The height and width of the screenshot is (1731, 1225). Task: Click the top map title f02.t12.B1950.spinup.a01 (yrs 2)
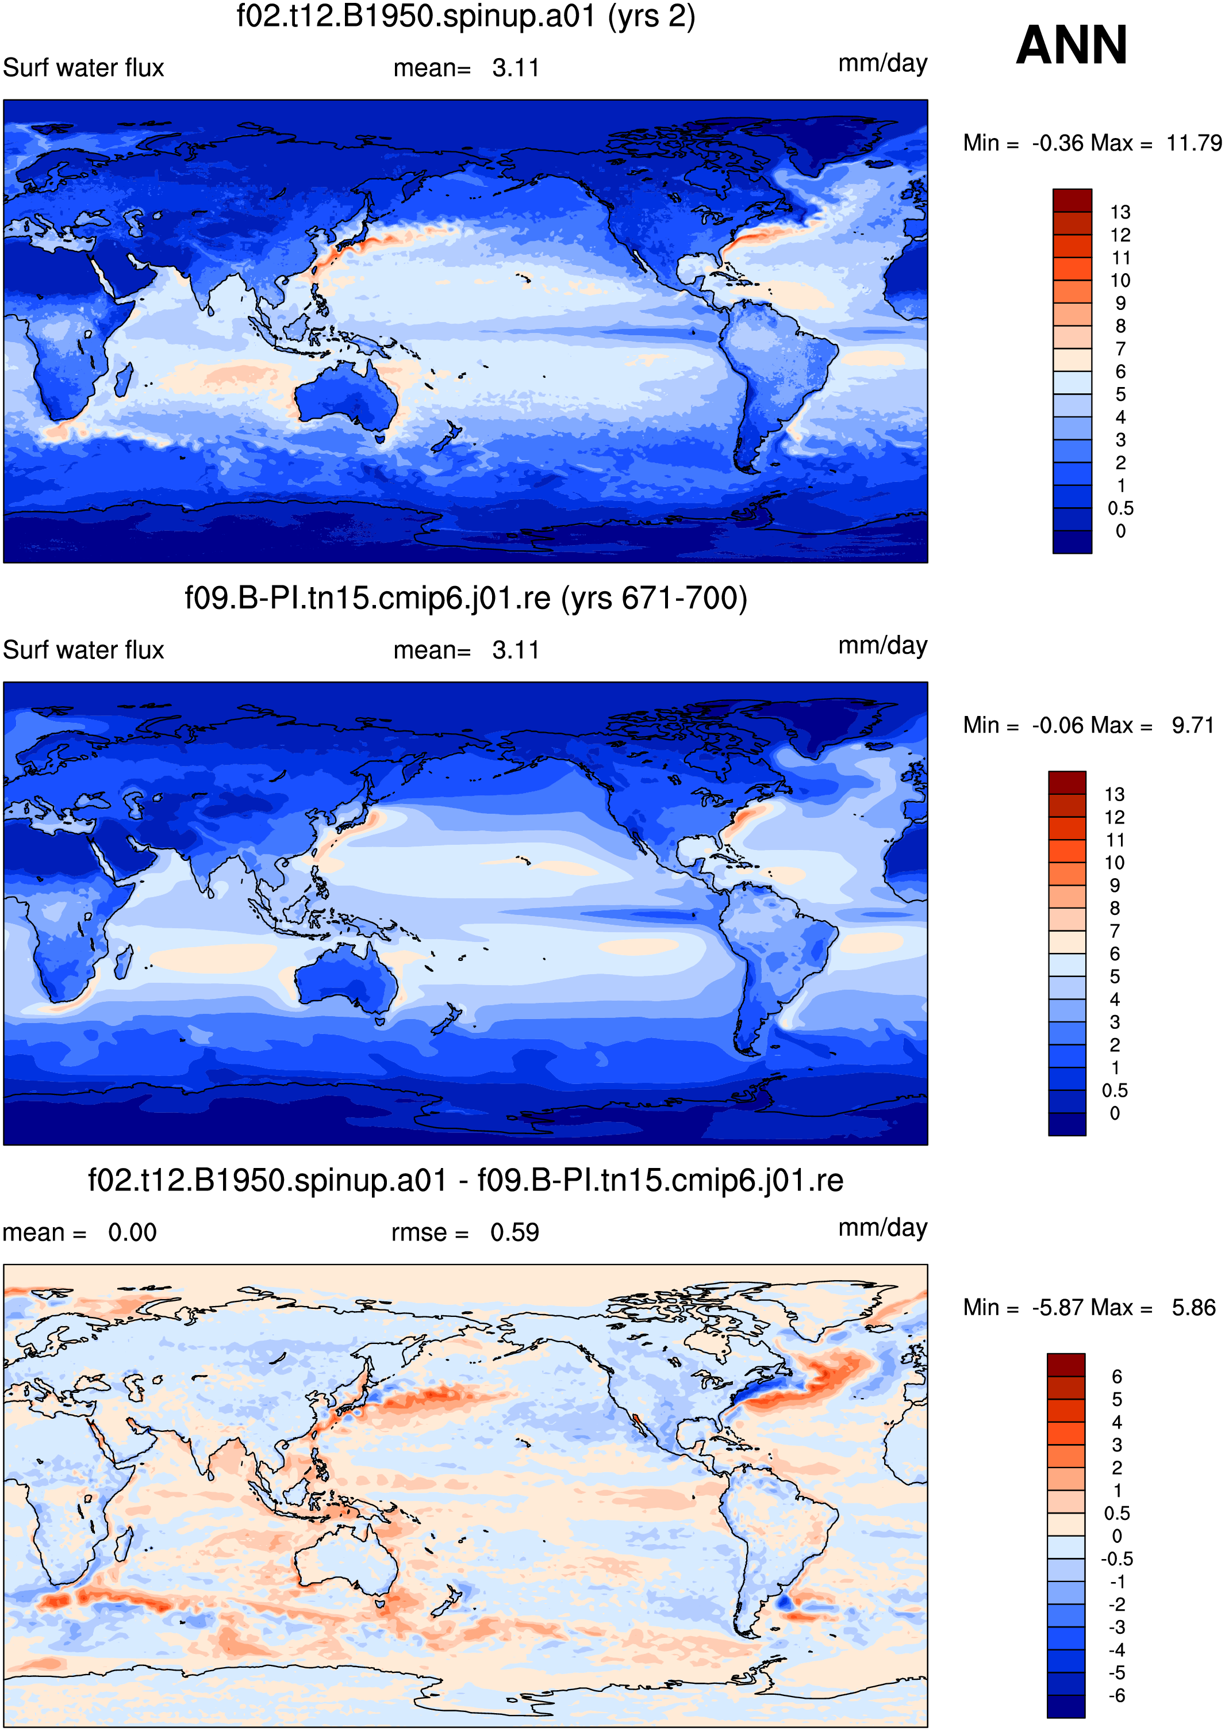pos(466,16)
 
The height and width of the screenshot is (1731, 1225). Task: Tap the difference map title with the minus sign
pos(466,1180)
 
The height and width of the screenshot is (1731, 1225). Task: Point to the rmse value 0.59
pos(514,1233)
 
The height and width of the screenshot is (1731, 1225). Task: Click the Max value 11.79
pos(1194,143)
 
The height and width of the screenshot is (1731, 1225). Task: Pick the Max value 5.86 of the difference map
pos(1194,1308)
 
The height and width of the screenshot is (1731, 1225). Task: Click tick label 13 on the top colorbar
pos(1120,212)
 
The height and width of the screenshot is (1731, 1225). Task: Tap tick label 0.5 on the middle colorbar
pos(1115,1090)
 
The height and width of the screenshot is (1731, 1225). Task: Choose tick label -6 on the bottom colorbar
pos(1116,1695)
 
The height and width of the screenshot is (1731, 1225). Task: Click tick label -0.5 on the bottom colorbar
pos(1116,1559)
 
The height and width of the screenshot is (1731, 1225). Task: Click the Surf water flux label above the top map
pos(84,68)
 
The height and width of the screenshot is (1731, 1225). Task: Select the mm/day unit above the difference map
pos(882,1228)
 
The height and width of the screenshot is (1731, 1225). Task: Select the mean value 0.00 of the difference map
pos(132,1233)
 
